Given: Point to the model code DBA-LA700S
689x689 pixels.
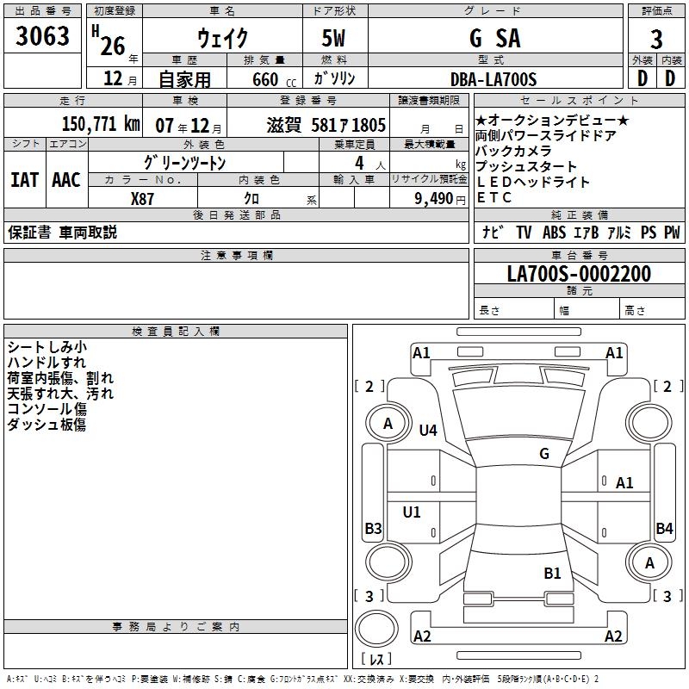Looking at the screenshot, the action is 493,79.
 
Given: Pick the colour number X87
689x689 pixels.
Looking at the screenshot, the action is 143,198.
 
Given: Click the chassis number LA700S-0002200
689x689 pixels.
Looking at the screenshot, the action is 579,274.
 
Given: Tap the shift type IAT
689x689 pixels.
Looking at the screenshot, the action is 24,179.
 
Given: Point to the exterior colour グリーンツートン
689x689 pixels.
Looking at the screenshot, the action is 185,162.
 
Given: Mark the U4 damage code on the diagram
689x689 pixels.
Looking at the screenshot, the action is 428,430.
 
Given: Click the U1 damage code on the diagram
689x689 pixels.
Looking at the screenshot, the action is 412,512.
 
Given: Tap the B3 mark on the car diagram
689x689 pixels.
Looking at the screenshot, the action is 373,528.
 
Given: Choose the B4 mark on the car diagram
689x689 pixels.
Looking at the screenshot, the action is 664,528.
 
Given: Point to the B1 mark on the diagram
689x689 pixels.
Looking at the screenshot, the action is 552,573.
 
